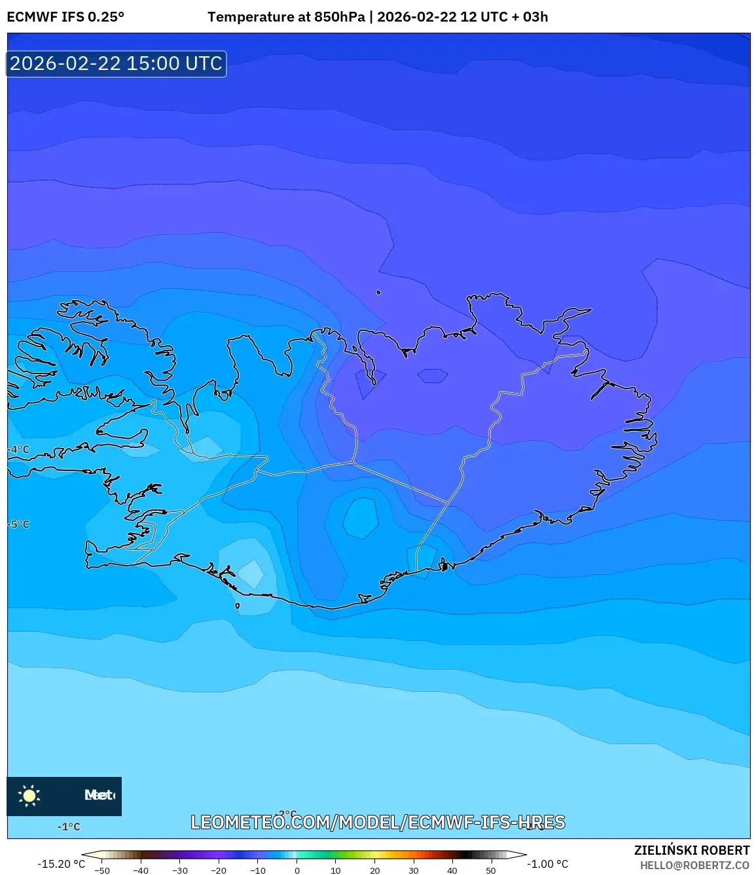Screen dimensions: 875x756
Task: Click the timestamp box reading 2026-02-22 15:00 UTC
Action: [117, 64]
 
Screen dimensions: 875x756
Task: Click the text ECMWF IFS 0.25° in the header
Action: [65, 17]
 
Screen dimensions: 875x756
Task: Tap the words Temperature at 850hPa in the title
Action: [286, 17]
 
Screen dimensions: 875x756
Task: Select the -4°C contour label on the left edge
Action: [19, 450]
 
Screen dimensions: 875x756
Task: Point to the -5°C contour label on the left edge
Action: [19, 524]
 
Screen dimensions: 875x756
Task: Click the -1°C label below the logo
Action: [69, 827]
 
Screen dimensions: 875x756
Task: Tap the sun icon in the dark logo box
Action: [29, 795]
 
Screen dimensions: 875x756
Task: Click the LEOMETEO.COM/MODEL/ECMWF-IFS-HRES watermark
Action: [378, 822]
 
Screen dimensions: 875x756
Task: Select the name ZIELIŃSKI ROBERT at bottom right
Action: [691, 850]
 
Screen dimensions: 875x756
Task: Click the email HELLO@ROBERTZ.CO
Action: [694, 865]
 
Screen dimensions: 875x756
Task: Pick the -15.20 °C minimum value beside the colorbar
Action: [61, 864]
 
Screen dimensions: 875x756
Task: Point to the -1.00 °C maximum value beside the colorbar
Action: [548, 864]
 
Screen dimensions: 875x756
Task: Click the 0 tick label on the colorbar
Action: [297, 870]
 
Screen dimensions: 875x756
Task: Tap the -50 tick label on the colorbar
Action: [102, 870]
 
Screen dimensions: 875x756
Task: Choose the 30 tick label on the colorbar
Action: [414, 870]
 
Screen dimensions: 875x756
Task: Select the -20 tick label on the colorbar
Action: [219, 870]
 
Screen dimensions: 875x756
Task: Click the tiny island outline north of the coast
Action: [378, 292]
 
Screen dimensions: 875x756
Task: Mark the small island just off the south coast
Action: [237, 606]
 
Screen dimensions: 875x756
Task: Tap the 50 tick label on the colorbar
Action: [491, 870]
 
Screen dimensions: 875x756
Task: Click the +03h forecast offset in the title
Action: [531, 17]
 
